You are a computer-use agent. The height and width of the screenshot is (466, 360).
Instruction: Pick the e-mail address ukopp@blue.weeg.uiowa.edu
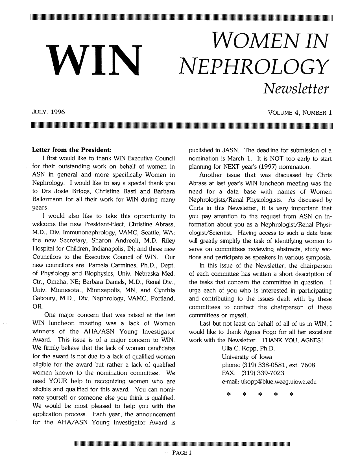click(x=269, y=382)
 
